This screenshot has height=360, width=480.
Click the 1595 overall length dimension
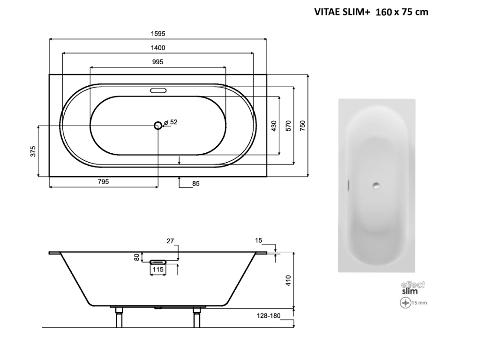tap(158, 34)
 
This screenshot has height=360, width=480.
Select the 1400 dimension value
tap(158, 48)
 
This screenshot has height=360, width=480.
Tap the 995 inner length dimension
tap(157, 62)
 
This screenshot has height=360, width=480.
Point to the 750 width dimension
tap(302, 126)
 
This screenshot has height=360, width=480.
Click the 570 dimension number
tap(288, 126)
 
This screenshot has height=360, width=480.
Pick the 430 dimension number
tap(274, 126)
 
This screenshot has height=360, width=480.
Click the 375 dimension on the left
tap(33, 151)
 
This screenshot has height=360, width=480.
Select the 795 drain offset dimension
tap(103, 182)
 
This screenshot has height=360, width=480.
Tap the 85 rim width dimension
tap(196, 184)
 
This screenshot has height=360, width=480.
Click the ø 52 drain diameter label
tap(171, 122)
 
